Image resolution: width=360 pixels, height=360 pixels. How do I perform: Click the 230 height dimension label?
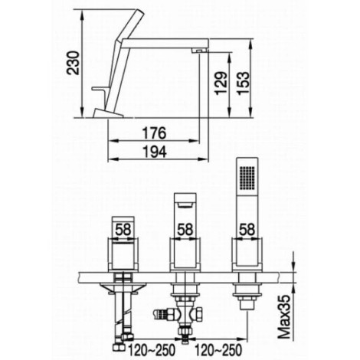tap(73, 63)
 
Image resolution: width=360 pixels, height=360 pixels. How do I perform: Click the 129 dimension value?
tap(221, 83)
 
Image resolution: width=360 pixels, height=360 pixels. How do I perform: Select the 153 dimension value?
tap(243, 83)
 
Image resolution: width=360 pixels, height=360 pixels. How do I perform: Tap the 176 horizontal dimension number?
tap(154, 133)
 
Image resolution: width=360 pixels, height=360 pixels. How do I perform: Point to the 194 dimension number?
tap(154, 152)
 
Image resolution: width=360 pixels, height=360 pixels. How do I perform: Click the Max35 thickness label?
tap(284, 317)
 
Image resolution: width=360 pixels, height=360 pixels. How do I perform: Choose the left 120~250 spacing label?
tap(152, 350)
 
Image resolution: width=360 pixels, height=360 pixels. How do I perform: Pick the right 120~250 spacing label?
tap(218, 350)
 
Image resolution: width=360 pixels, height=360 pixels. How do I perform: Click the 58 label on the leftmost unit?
tap(123, 229)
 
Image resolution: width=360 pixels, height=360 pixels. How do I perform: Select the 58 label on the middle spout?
tap(185, 229)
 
